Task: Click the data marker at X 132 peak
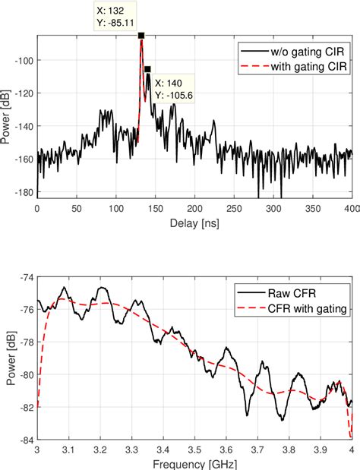tap(141, 36)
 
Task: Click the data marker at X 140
tap(147, 69)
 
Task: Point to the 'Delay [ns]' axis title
tap(194, 225)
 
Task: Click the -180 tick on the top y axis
tap(24, 192)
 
